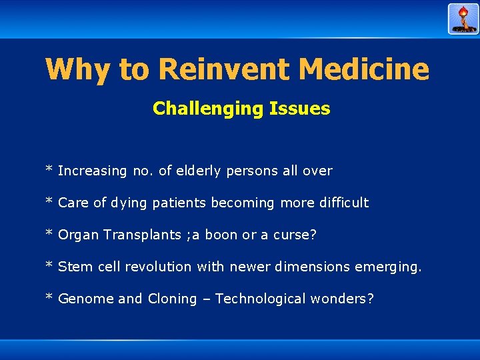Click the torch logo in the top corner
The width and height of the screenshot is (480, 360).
(x=463, y=19)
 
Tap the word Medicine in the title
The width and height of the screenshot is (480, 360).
(x=364, y=69)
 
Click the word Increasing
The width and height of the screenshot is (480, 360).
(x=92, y=171)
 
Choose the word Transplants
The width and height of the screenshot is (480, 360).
(x=140, y=235)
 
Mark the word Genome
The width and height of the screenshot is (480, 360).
(x=86, y=299)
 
